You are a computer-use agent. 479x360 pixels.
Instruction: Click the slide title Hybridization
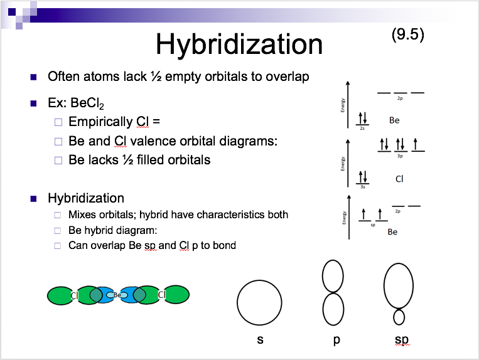point(239,44)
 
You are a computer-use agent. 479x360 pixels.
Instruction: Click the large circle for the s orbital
point(259,302)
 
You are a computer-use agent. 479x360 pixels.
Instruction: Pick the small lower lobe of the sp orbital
point(399,317)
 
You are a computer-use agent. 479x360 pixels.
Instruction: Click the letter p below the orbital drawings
point(337,341)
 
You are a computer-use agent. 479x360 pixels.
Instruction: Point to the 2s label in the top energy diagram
point(362,128)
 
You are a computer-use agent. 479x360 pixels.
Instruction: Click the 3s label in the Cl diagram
point(362,186)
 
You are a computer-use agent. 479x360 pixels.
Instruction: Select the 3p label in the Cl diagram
point(400,156)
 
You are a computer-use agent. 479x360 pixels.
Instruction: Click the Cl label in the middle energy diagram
point(399,179)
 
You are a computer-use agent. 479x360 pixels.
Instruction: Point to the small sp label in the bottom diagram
point(372,225)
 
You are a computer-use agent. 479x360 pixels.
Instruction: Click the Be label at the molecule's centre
point(117,295)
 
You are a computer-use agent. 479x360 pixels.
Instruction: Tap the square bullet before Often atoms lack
point(33,77)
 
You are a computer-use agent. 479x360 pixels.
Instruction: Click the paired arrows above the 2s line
point(362,118)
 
